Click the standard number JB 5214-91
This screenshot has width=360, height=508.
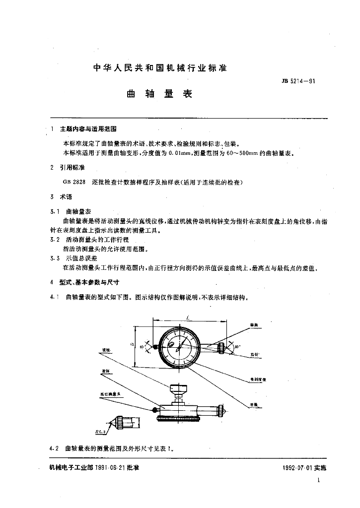(x=298, y=81)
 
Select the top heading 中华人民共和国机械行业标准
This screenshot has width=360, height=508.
(x=160, y=68)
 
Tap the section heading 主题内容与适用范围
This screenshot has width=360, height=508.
(x=88, y=128)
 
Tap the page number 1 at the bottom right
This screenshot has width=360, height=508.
(x=318, y=480)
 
